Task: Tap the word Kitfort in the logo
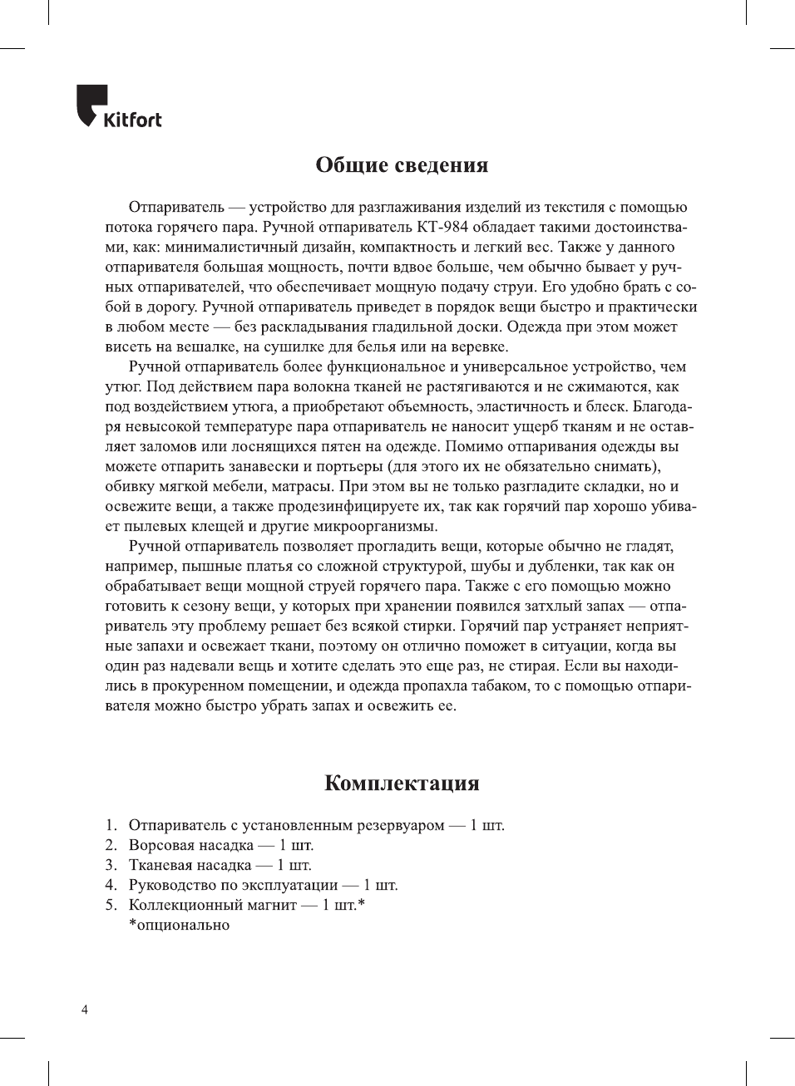coord(132,120)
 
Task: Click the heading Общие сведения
coord(402,165)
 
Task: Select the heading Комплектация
coord(402,783)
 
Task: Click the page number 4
coord(84,1010)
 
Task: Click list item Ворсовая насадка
coord(190,845)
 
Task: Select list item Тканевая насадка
coord(190,865)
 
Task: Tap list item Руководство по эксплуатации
coord(233,885)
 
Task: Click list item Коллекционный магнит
coord(212,905)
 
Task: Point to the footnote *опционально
coord(179,925)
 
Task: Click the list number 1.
coord(110,825)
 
